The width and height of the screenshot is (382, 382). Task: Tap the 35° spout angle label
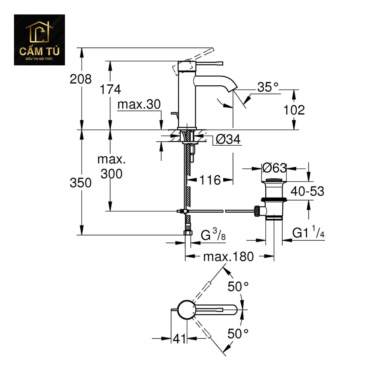tap(269, 87)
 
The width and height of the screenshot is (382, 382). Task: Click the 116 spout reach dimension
tap(210, 180)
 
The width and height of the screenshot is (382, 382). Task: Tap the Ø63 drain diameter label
tap(274, 168)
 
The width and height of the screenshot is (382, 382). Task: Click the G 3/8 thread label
tap(213, 235)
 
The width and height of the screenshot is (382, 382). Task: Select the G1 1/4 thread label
tap(308, 233)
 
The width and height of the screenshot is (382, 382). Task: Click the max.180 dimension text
tap(228, 256)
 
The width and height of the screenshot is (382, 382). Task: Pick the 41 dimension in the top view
tap(179, 339)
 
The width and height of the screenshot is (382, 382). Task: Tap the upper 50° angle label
tap(238, 287)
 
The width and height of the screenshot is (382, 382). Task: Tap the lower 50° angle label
tap(238, 334)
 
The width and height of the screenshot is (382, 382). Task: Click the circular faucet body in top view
tap(185, 310)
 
